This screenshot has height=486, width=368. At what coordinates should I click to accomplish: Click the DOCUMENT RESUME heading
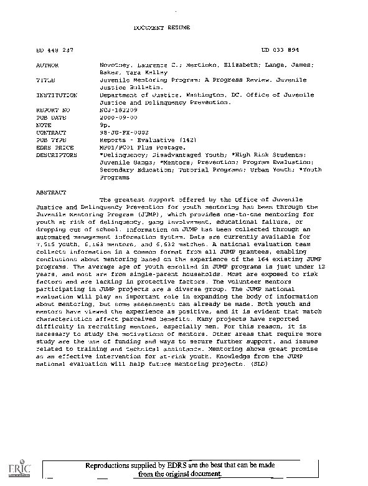click(162, 29)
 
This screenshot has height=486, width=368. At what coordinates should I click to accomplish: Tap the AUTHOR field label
click(48, 64)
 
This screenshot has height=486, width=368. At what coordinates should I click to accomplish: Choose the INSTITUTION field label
click(56, 95)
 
